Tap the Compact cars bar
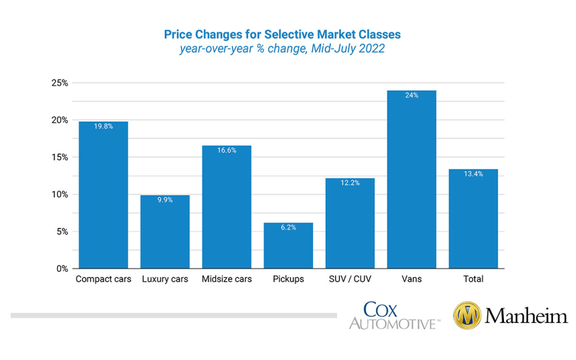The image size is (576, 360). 103,195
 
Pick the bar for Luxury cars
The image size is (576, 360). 165,232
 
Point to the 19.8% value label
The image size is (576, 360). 103,126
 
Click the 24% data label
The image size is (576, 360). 411,95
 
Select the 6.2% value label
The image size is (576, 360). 288,227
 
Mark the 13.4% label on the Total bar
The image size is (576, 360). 473,174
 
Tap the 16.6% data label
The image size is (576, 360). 227,150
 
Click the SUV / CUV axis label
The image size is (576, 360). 350,279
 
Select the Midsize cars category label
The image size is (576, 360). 227,279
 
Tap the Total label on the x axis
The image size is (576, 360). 473,279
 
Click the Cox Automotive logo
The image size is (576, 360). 393,316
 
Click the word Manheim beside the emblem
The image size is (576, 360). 527,316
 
